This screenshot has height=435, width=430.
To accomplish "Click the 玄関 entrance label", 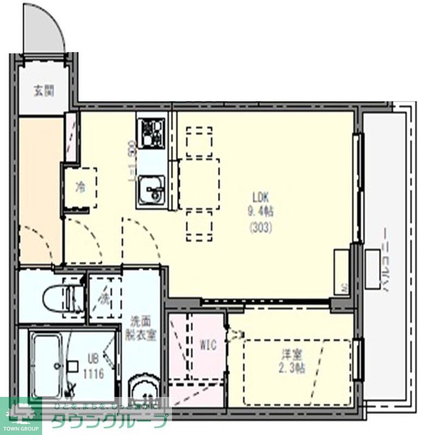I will (x=44, y=91).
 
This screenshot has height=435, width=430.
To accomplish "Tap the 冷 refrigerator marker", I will (x=80, y=188).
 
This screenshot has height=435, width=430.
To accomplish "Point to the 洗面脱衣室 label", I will (x=143, y=328).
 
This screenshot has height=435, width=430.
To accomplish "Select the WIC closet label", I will (x=208, y=345).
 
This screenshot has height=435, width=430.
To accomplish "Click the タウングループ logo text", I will (x=109, y=419).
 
